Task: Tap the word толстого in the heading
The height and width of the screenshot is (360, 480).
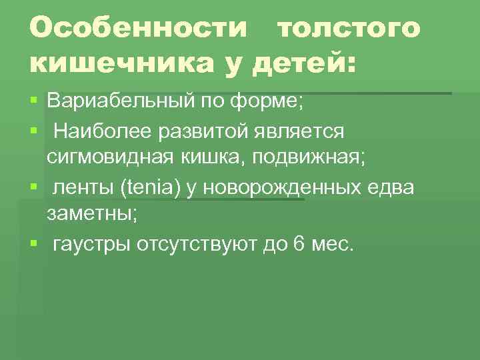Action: pyautogui.click(x=348, y=29)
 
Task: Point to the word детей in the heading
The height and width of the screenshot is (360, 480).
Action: pyautogui.click(x=301, y=64)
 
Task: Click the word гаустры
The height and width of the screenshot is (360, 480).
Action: pyautogui.click(x=91, y=244)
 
